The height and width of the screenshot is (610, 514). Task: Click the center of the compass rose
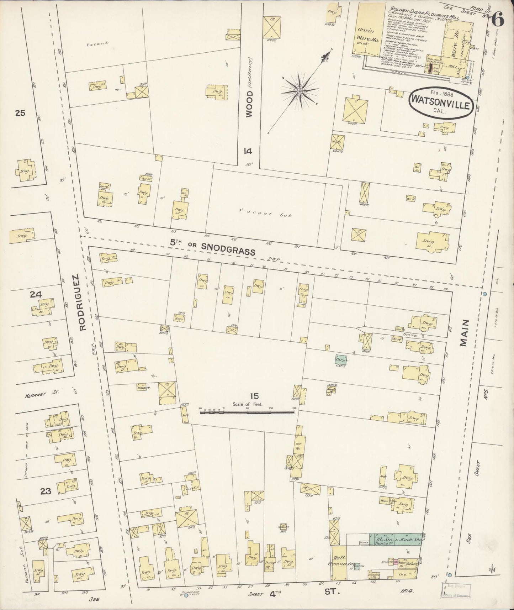[300, 91]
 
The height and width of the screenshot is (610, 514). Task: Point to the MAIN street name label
[466, 332]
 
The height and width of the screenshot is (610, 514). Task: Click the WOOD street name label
[249, 104]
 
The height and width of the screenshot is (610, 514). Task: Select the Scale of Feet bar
[247, 412]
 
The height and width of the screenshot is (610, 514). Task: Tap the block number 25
[20, 114]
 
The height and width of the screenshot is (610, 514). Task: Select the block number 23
[46, 491]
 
